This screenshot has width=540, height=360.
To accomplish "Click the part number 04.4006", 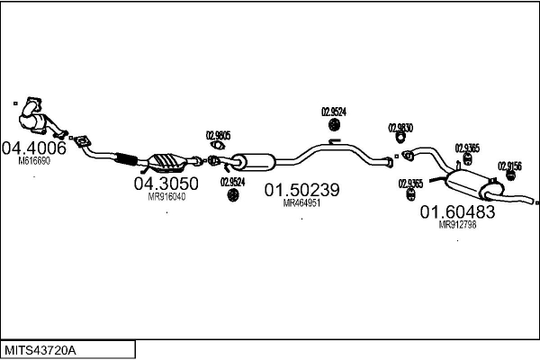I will [34, 148].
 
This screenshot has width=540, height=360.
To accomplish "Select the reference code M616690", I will [34, 162].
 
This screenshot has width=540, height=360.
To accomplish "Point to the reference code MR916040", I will [166, 197].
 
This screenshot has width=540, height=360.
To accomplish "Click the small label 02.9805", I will [219, 135].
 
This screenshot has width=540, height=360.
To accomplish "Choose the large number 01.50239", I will [301, 190].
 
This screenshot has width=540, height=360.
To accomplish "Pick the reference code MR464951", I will [301, 203].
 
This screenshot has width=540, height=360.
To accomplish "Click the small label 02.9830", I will [400, 128].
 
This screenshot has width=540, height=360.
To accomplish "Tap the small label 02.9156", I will [510, 166].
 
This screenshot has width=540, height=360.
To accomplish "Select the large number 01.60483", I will [457, 212].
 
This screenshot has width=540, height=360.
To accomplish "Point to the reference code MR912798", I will [457, 225].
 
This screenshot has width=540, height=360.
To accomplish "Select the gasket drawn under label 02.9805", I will [217, 147].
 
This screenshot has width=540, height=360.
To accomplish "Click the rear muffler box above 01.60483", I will [468, 185].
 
